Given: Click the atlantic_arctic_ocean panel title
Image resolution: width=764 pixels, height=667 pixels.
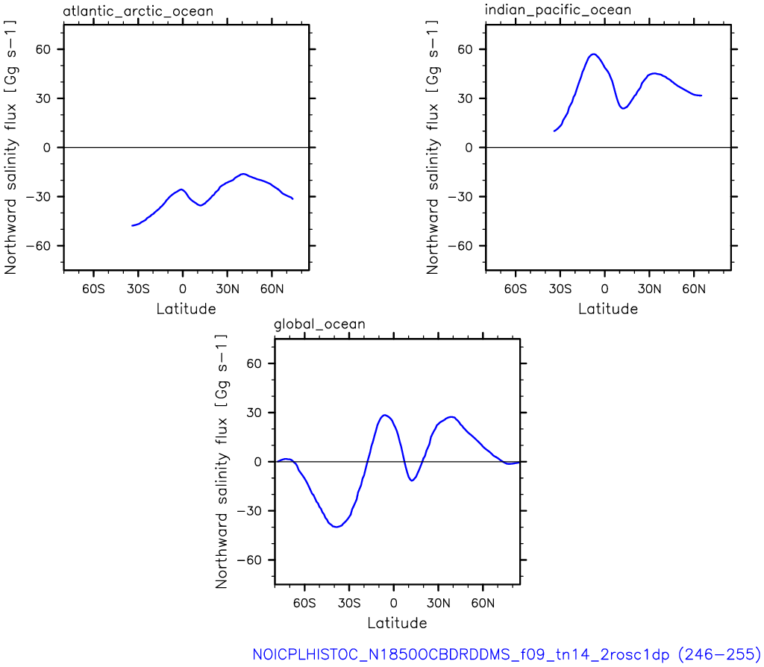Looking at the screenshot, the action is click(138, 10).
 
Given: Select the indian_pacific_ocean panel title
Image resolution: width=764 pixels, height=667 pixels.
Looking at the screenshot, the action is click(558, 10).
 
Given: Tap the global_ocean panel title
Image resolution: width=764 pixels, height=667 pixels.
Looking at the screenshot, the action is click(319, 325).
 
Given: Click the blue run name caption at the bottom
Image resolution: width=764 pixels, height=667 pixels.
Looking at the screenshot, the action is click(507, 654).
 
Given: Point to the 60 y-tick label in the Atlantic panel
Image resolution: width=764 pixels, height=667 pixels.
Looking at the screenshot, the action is click(43, 49).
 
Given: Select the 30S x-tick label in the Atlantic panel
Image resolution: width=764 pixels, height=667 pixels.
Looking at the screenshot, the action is click(138, 289).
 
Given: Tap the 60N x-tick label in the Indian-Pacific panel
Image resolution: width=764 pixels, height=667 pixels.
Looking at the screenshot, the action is click(694, 289).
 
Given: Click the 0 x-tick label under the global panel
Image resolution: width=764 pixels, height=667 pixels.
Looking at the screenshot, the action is click(394, 603).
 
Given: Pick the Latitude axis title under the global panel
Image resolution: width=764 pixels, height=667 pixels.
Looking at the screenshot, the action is click(397, 623).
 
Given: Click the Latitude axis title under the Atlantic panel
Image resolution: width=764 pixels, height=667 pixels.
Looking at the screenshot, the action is click(186, 309).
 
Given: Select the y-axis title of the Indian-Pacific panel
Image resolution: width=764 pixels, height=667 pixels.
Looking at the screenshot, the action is click(433, 147).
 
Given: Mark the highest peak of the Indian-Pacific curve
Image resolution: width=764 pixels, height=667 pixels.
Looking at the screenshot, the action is click(593, 54).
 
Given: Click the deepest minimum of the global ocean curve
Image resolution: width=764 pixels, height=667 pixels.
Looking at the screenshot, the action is click(336, 527).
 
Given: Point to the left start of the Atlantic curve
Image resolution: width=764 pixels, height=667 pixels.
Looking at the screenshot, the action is click(132, 225).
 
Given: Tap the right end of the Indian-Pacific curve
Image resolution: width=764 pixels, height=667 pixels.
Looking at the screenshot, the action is click(701, 95).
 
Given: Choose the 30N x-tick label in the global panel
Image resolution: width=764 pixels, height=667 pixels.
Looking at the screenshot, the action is click(439, 603).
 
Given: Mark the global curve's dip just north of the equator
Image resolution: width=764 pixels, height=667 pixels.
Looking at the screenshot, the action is click(412, 481).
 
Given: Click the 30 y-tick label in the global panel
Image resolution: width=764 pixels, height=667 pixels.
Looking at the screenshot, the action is click(254, 413).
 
